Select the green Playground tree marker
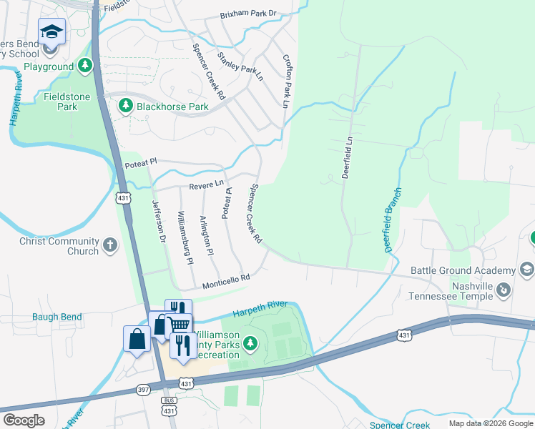(86, 66)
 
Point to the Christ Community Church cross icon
(110, 246)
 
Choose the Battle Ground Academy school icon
(527, 270)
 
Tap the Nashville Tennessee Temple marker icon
(504, 290)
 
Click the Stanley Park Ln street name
(241, 62)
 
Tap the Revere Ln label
(207, 186)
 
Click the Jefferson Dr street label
(158, 220)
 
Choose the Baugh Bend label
(57, 317)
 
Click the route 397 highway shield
(143, 390)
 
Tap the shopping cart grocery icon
(180, 325)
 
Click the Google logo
(24, 421)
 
